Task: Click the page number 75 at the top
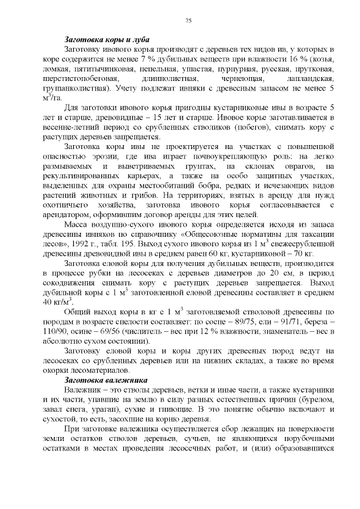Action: pos(188,21)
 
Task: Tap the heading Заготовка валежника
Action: pos(106,380)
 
